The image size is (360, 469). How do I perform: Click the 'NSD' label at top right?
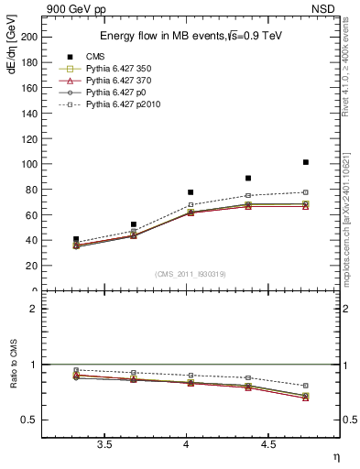pos(327,9)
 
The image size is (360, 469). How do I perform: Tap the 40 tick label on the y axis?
pos(30,240)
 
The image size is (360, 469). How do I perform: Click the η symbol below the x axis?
pos(335,456)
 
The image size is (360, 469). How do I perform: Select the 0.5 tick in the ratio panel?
pos(27,420)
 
